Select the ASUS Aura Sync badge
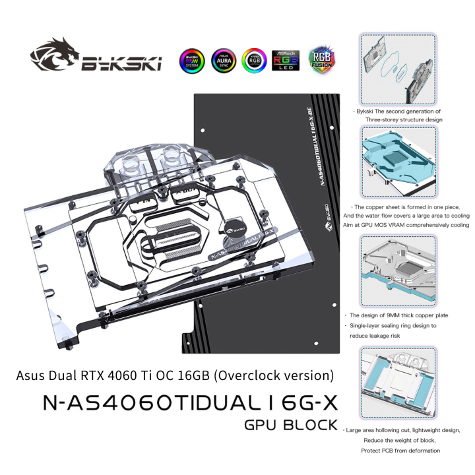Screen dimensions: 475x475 (221, 60)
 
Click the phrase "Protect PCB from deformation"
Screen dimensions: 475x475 (395, 450)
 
